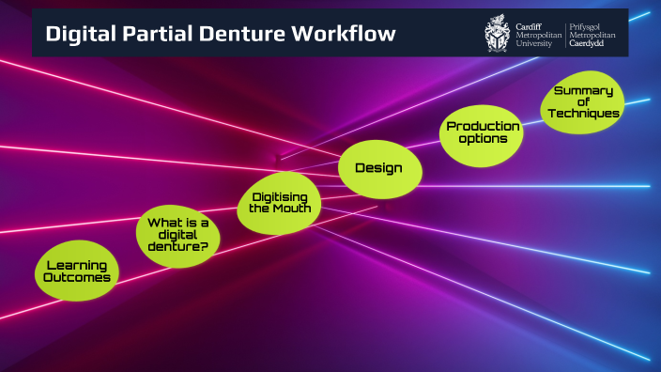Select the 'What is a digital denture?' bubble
[x=177, y=233]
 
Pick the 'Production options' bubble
[x=482, y=132]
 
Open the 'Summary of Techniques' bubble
[x=583, y=102]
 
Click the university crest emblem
[x=498, y=33]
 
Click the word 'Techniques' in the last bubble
[x=584, y=114]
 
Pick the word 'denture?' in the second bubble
[x=177, y=246]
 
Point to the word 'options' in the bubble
[x=483, y=139]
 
